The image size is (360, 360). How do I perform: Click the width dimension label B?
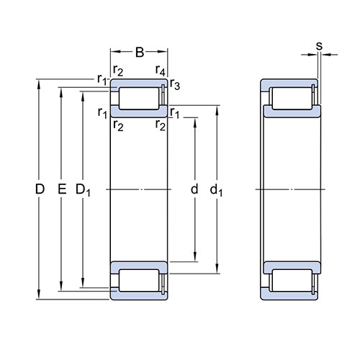coord(140,52)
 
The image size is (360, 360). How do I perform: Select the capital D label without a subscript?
coord(40,189)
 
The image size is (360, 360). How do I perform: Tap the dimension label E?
coord(62,189)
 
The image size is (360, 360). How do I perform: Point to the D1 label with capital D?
coord(83,190)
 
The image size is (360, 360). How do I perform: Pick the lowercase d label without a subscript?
coord(194,189)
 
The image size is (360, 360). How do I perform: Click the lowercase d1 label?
coord(216,190)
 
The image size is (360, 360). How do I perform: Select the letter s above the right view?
coord(319,46)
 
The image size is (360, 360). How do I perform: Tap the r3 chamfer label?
coord(175,84)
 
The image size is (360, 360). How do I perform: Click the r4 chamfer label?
coord(161,71)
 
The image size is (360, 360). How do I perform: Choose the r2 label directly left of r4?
coord(118,71)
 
